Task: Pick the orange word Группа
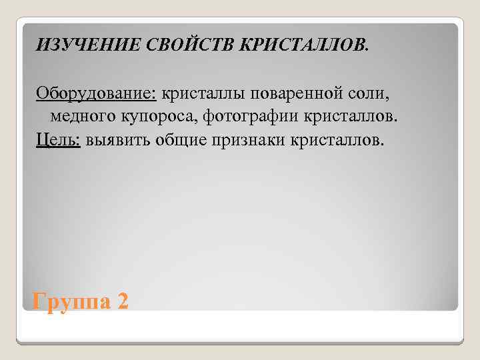tap(71, 301)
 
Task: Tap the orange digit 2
tap(122, 301)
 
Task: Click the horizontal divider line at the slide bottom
tap(240, 343)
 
